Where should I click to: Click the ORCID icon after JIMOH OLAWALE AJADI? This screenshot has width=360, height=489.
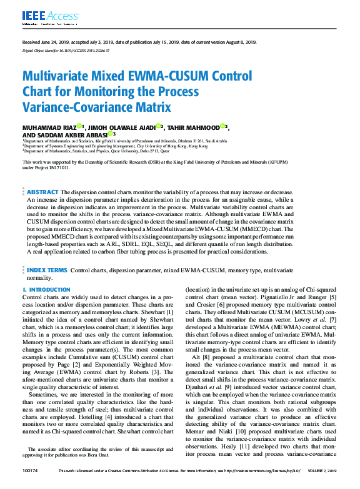[x=159, y=126]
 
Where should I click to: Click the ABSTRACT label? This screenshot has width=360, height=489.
[x=42, y=192]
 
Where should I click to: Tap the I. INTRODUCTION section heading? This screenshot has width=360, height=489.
[x=46, y=290]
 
